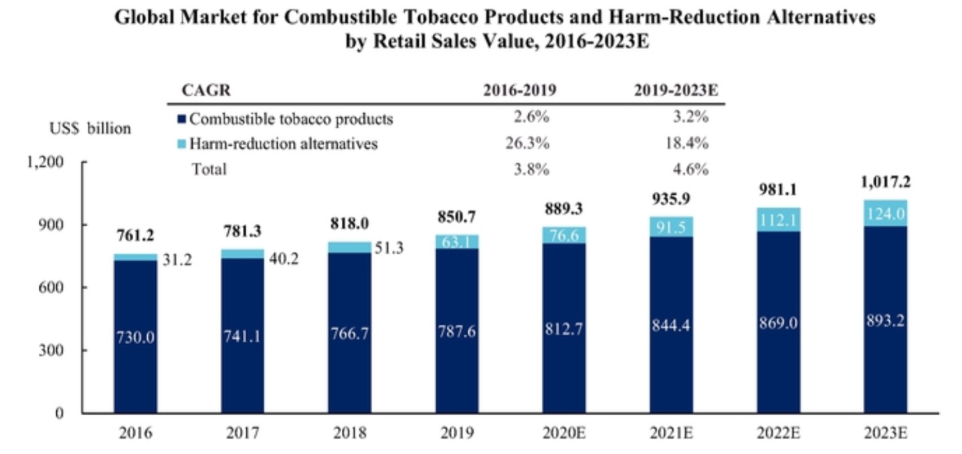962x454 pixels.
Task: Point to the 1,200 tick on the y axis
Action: pos(44,162)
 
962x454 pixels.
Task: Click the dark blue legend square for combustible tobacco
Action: pos(181,119)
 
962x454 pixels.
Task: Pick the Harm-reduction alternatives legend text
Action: pos(283,143)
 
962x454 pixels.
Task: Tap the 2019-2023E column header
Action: pos(676,91)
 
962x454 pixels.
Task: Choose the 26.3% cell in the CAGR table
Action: pos(533,143)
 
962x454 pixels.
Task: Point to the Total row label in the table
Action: pos(209,169)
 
